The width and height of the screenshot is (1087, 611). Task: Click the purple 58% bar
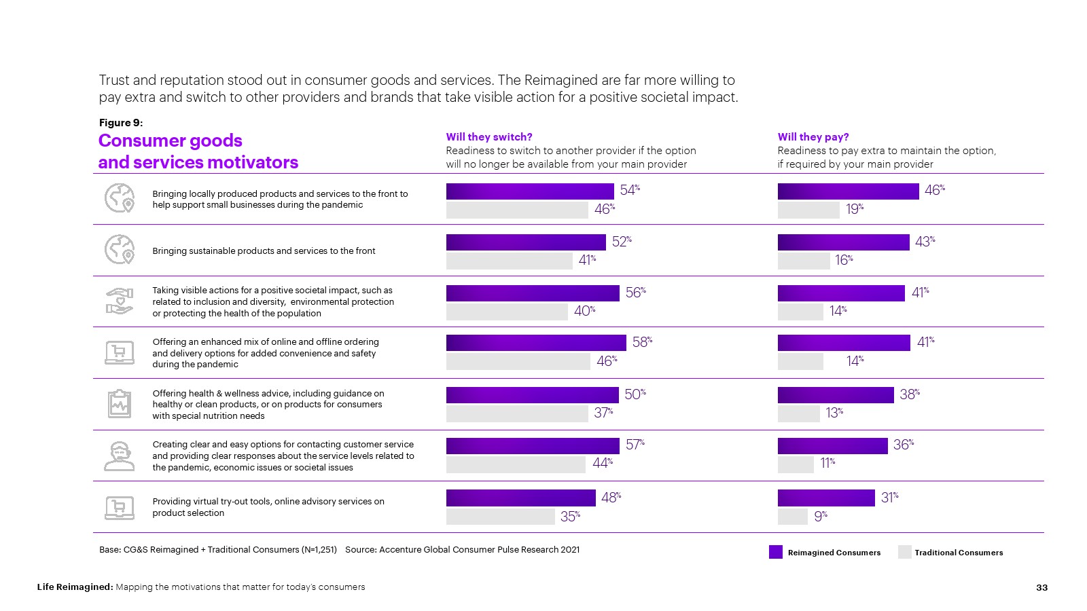click(536, 343)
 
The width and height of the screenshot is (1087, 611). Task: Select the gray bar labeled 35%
click(501, 517)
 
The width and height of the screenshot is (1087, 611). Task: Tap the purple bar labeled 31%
click(826, 498)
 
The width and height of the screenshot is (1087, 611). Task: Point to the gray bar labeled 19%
click(808, 210)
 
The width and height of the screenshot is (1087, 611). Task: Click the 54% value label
click(630, 190)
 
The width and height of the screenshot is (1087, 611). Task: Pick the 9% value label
click(821, 517)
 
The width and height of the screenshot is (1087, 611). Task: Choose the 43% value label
click(925, 242)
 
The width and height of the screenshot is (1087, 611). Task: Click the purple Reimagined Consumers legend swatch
click(776, 552)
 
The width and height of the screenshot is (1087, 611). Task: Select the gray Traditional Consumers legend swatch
click(904, 552)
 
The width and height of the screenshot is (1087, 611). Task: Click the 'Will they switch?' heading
click(489, 137)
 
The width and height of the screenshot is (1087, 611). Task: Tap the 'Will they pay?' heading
click(813, 137)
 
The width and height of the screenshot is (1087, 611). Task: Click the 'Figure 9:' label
click(121, 123)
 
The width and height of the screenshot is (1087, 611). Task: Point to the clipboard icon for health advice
click(120, 404)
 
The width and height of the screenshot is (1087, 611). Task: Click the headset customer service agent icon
click(120, 456)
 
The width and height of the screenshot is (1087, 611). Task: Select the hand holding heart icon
click(120, 301)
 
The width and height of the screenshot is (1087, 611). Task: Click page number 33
click(1041, 587)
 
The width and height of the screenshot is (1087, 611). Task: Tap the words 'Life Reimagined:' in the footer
click(75, 587)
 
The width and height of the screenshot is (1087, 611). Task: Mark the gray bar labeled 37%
click(517, 413)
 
